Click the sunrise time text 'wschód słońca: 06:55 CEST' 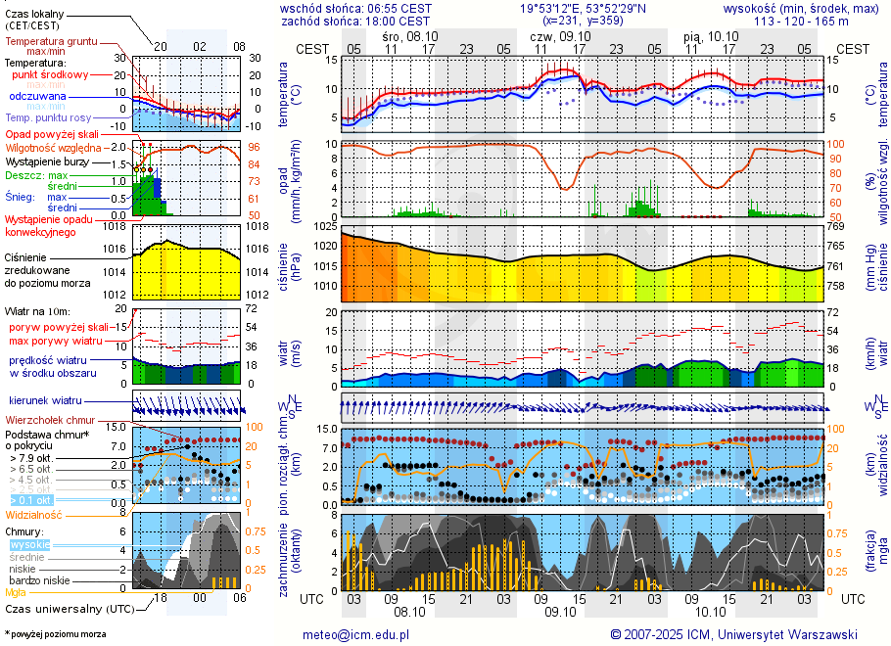[354, 8]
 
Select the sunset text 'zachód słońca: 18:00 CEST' [354, 21]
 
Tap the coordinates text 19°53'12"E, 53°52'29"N [583, 8]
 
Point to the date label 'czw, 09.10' [554, 35]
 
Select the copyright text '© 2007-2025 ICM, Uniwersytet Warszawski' [733, 634]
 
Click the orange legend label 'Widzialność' [34, 513]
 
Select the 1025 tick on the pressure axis [325, 227]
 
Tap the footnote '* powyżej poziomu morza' [55, 634]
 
